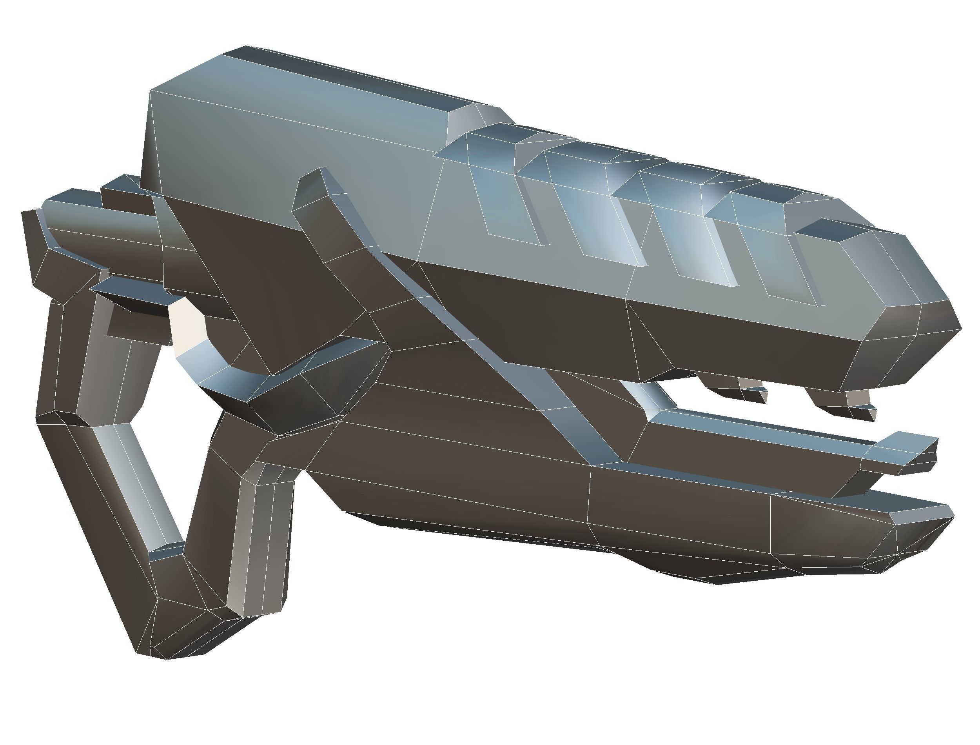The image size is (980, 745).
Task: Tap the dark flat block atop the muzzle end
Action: tap(832, 231)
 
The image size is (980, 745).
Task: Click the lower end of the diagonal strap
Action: tap(590, 439)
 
